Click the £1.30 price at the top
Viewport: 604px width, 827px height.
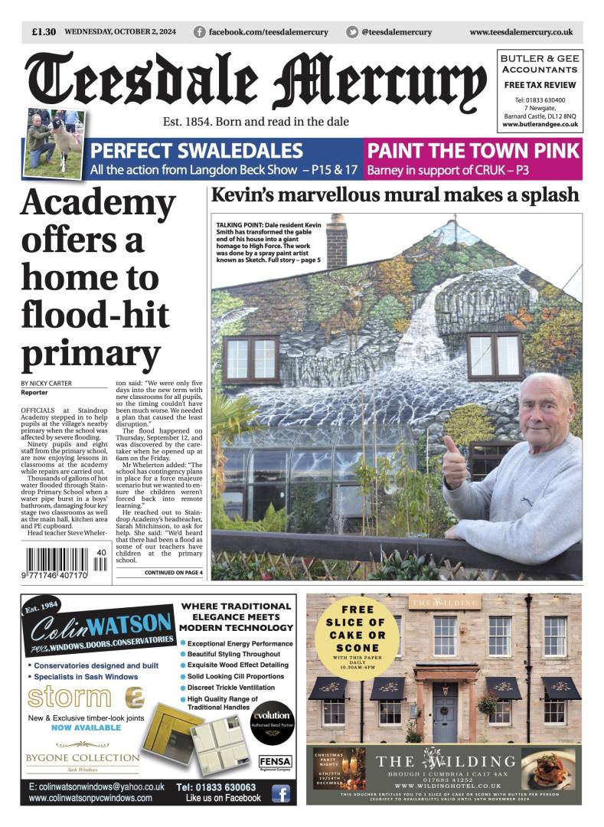coord(44,32)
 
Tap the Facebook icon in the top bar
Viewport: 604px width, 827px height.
coord(200,32)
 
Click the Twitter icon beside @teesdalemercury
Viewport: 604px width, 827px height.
coord(352,32)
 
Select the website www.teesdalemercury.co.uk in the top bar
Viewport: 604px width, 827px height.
coord(521,32)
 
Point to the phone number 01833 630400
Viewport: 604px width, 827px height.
coord(540,100)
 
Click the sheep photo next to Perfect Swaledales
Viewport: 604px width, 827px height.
coord(54,143)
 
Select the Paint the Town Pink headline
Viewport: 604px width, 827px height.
coord(473,150)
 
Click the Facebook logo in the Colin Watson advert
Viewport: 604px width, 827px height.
coord(281,793)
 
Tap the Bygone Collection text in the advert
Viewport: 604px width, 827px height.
coord(83,758)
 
